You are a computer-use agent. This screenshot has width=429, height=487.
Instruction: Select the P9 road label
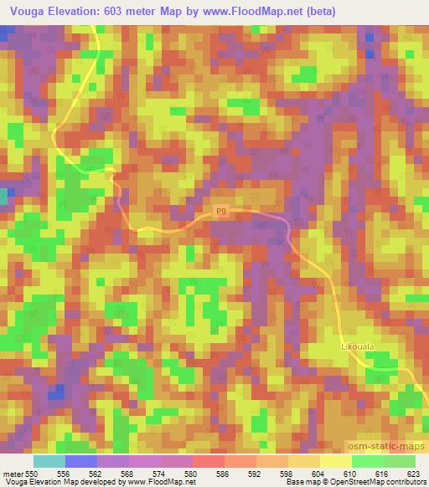coord(220,213)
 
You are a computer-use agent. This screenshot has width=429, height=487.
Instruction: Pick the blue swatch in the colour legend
coord(81,461)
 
